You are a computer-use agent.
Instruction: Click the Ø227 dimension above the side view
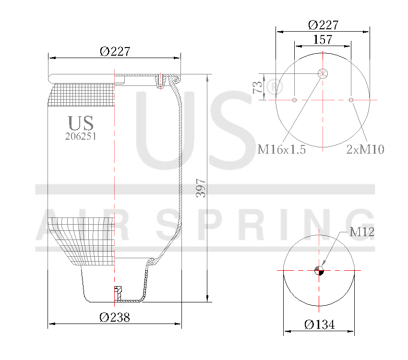115,51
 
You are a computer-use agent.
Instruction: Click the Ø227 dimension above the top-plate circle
323,25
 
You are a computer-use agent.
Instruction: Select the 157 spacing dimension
323,40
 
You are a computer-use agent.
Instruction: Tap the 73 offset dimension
258,87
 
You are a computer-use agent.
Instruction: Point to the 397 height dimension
201,188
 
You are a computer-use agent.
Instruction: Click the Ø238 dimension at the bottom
115,317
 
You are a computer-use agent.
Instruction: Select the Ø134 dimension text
319,325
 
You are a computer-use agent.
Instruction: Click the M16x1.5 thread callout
282,149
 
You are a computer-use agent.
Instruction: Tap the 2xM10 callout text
365,149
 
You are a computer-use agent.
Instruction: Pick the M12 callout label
361,232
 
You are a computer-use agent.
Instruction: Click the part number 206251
81,136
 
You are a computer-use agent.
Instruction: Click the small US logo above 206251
81,123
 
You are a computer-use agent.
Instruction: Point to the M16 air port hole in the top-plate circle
323,74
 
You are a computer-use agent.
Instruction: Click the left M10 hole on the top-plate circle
295,100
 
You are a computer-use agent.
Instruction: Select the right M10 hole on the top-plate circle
351,100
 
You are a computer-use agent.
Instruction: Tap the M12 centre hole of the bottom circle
319,271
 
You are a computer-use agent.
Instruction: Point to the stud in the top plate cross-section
161,80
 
